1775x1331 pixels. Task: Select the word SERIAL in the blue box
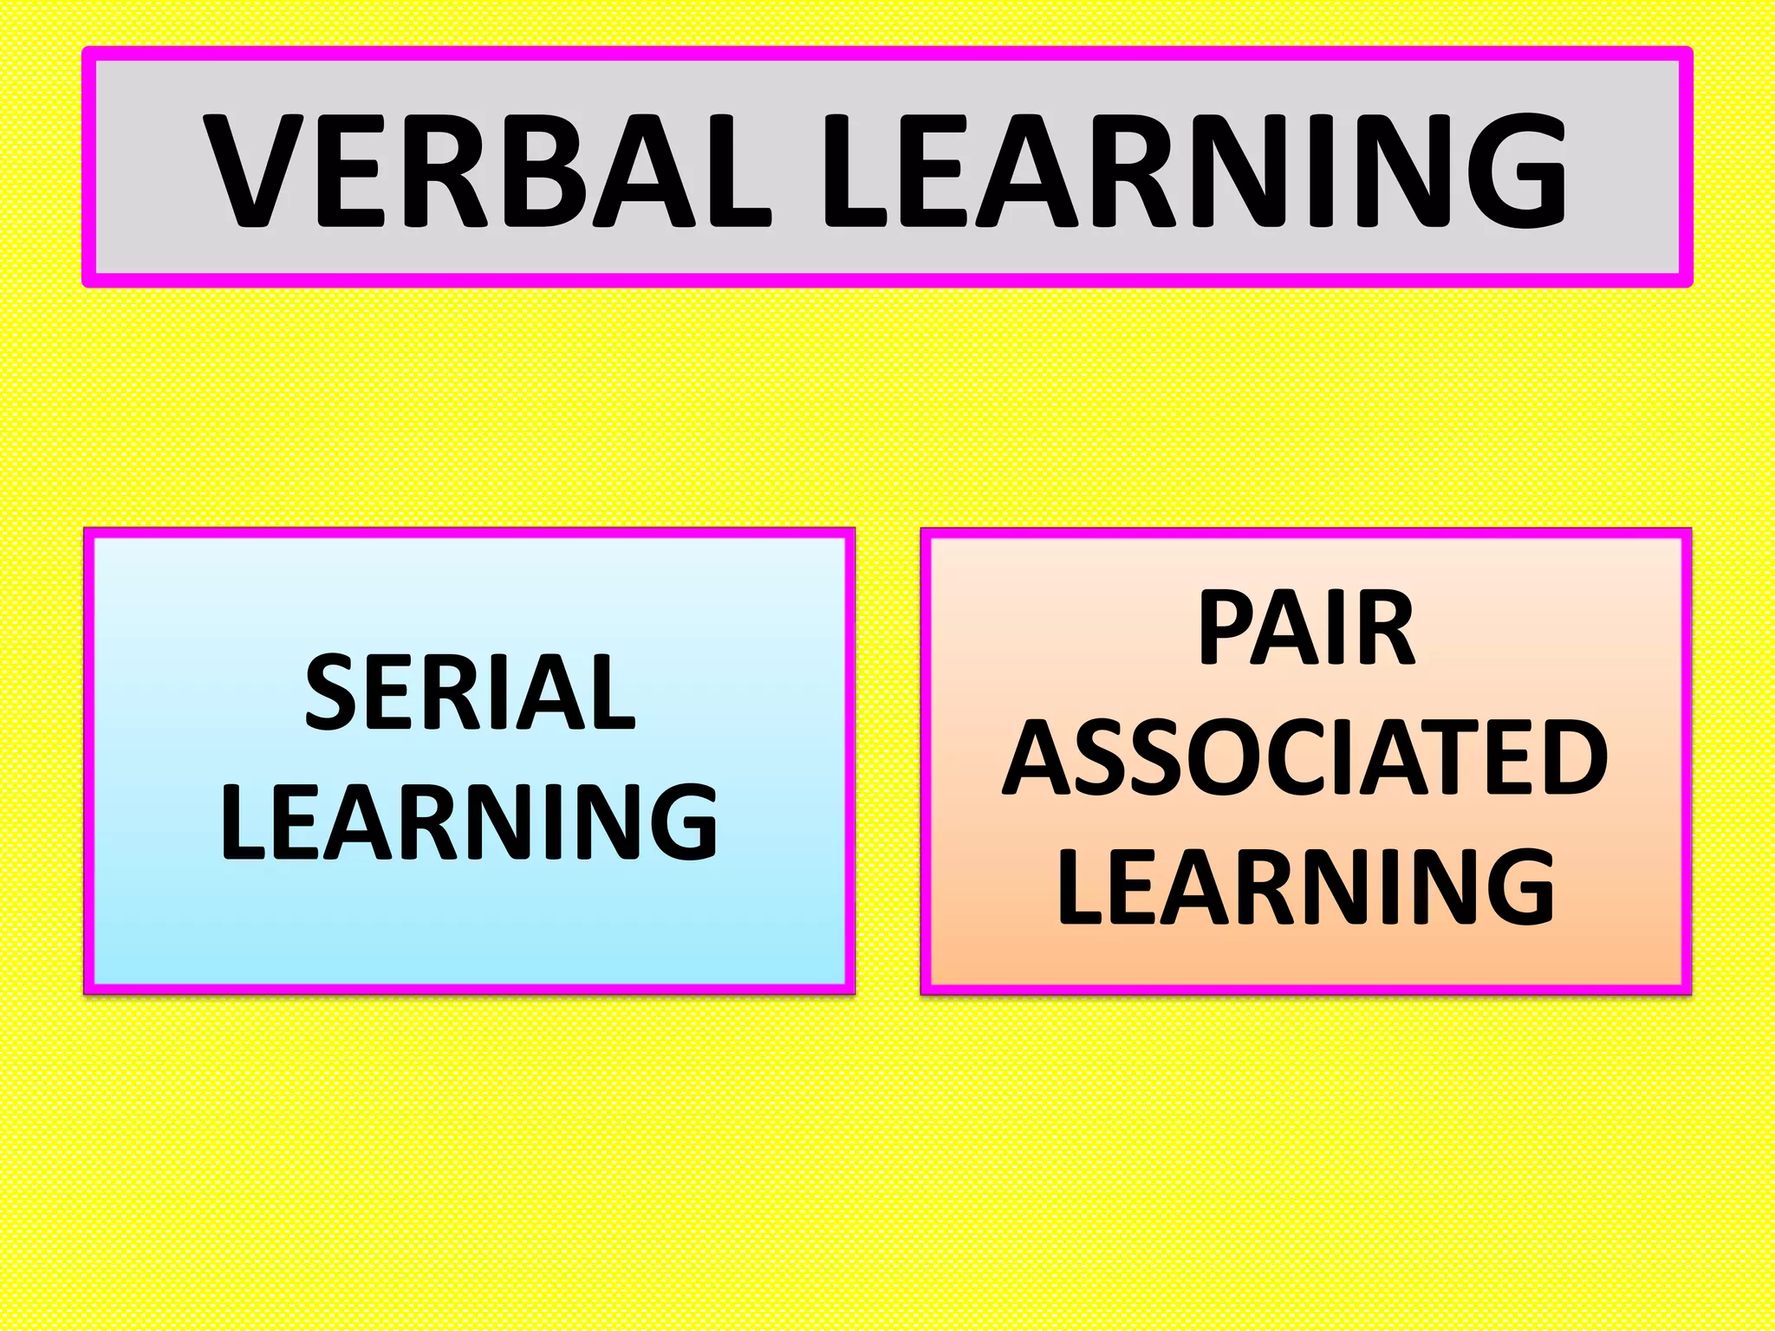click(471, 693)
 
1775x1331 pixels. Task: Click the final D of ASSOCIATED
click(1572, 757)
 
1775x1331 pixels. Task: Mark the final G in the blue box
click(680, 822)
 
